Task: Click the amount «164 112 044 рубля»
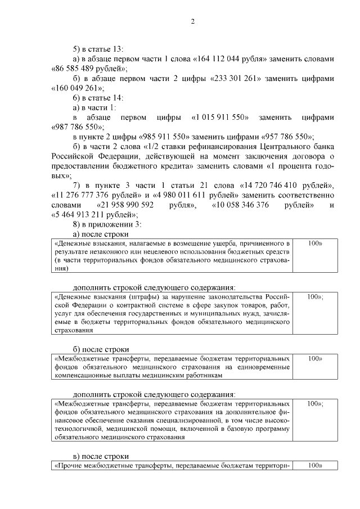click(x=238, y=58)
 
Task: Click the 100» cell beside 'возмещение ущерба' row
click(x=315, y=244)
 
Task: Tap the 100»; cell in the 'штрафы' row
click(x=315, y=296)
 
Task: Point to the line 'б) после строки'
click(x=101, y=348)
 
